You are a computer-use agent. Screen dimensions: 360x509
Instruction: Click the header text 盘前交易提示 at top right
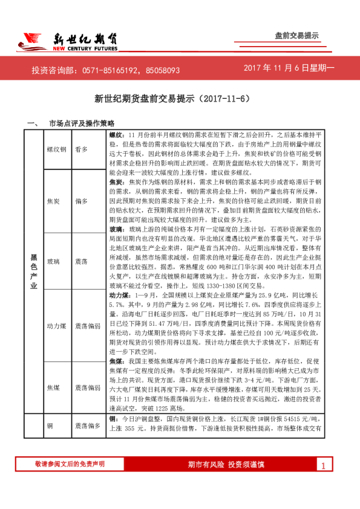pos(296,36)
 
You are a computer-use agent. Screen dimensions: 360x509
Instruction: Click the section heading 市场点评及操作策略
pos(77,123)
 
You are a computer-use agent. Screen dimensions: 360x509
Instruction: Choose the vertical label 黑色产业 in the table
pos(34,274)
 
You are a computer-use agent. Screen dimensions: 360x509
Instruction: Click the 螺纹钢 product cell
pos(56,149)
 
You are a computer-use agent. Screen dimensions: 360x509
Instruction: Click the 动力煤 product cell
pos(56,326)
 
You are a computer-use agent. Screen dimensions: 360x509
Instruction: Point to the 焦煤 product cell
pos(56,386)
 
